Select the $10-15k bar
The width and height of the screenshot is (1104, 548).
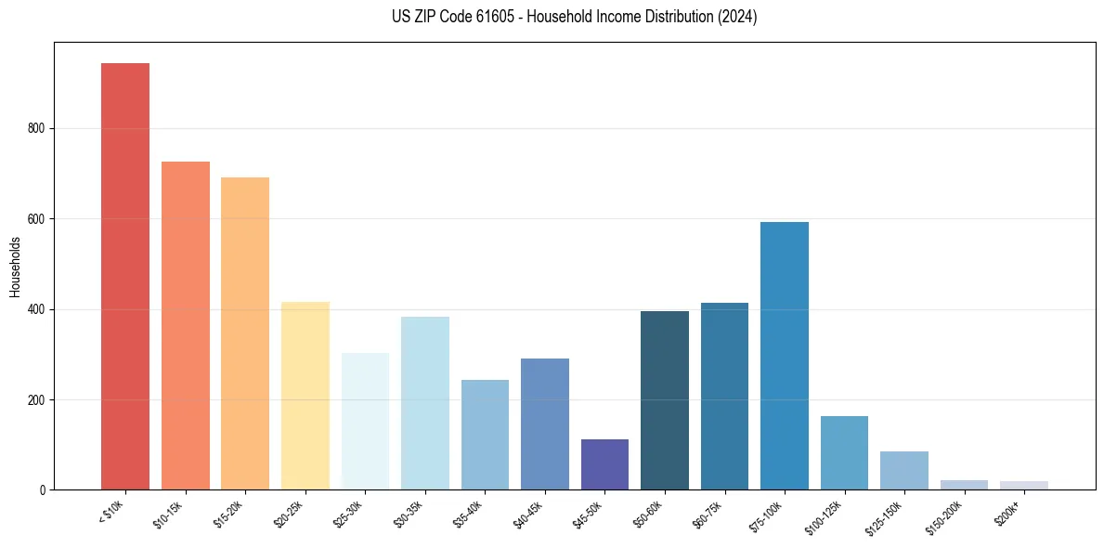(185, 325)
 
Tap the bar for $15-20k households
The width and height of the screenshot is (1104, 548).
(245, 333)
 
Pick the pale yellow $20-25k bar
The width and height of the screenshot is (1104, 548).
(305, 396)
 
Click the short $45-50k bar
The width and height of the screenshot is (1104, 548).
(604, 464)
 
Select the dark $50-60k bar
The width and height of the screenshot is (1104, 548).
(665, 400)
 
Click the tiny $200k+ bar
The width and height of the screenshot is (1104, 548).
(1024, 486)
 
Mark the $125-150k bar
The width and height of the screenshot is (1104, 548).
(904, 470)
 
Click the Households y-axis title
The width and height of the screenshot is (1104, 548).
(15, 267)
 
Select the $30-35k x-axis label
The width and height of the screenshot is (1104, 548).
(409, 515)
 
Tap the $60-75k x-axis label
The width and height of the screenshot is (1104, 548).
(708, 515)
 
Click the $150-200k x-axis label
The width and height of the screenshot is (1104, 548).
(944, 518)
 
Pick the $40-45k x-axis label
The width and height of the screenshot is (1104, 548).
(528, 515)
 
